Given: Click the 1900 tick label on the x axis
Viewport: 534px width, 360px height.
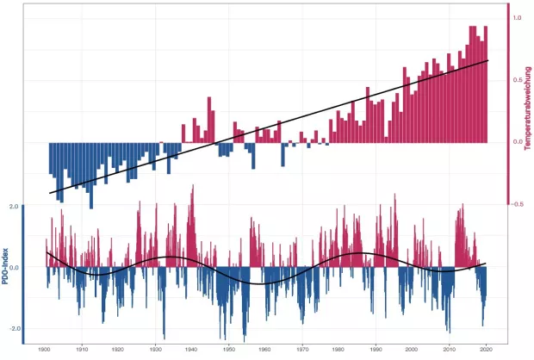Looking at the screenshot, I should tap(45, 349).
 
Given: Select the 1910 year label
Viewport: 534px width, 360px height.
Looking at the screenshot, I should tap(81, 349).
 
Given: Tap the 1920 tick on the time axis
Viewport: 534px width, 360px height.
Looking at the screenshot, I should tap(118, 349).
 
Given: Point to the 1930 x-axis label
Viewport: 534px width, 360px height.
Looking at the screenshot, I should tap(155, 349).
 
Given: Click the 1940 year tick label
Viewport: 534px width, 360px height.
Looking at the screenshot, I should tap(192, 349).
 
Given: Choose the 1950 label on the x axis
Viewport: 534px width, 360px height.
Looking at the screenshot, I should tap(229, 349).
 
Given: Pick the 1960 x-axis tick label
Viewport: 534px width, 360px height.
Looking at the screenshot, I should tap(265, 349).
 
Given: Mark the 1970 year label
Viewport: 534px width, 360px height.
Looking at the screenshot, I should tap(302, 349).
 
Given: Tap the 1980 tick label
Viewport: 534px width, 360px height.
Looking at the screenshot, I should tap(339, 349).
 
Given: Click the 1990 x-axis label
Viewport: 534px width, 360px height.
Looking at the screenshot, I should tap(376, 349).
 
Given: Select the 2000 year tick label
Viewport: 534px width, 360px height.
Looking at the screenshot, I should tap(413, 349).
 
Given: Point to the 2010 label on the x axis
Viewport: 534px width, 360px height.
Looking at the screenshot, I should tap(450, 349).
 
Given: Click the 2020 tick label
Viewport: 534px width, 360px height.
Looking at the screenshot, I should tap(487, 349).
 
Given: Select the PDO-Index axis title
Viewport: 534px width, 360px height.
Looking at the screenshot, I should tap(6, 267).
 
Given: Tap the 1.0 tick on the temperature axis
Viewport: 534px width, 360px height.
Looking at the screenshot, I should tap(517, 17).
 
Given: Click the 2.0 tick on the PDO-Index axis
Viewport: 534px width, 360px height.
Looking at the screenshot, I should tap(13, 207).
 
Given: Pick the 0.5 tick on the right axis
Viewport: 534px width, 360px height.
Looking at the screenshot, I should tap(517, 80).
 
